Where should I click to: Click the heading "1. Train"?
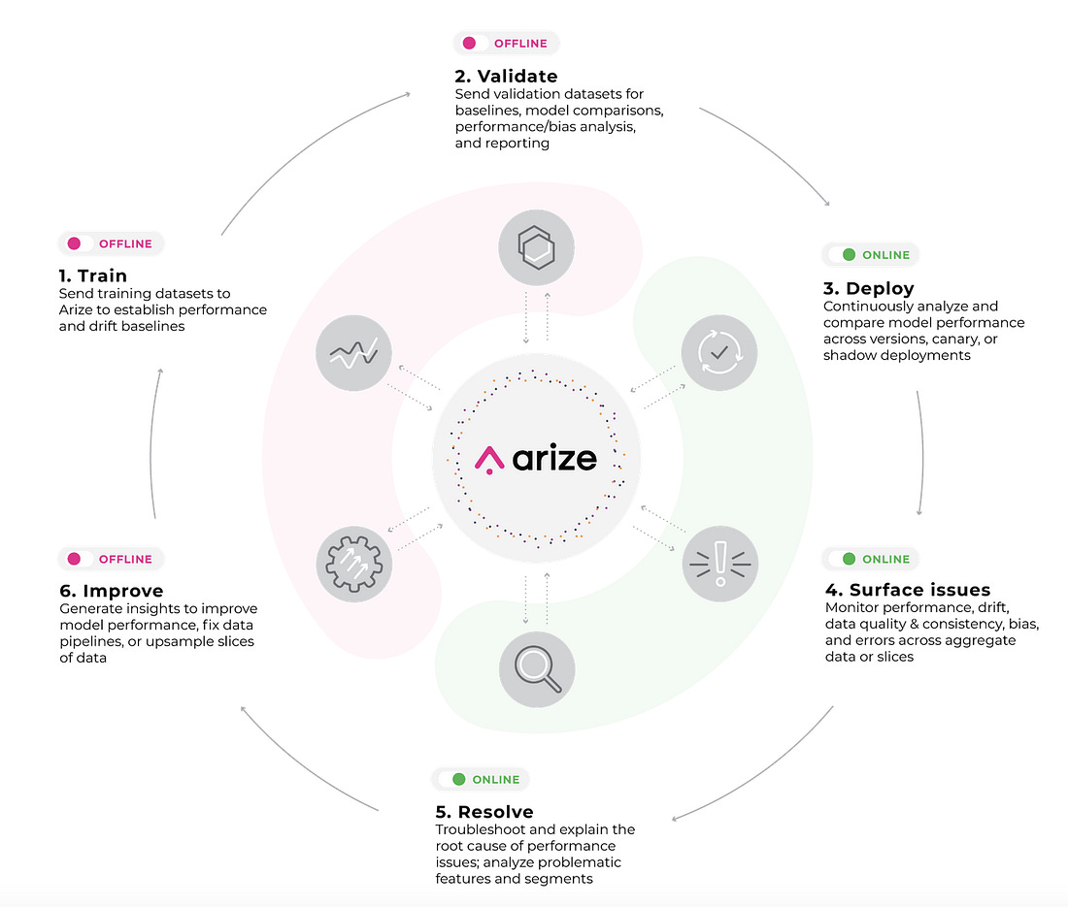pos(92,275)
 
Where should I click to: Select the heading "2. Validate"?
pos(506,77)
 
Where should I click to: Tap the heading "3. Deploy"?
pos(868,288)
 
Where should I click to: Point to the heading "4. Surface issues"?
pos(907,589)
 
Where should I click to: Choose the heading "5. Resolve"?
pos(484,812)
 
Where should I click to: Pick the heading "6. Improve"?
pos(112,591)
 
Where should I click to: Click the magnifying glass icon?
pos(538,669)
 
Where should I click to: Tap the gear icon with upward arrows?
pos(353,564)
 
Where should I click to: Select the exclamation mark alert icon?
pos(720,564)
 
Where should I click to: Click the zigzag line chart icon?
pos(353,353)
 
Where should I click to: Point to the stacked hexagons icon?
pos(537,247)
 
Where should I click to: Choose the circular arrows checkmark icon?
pos(719,352)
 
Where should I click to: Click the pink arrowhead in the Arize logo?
pos(489,460)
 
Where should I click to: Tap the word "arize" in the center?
pos(554,458)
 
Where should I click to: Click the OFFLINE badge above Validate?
pos(506,43)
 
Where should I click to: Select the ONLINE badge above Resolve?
pos(481,779)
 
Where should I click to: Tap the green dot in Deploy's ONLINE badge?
pos(849,254)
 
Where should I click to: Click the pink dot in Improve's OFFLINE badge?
pos(74,559)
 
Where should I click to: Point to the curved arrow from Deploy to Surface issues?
pos(923,452)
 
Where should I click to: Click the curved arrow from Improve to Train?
pos(150,442)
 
